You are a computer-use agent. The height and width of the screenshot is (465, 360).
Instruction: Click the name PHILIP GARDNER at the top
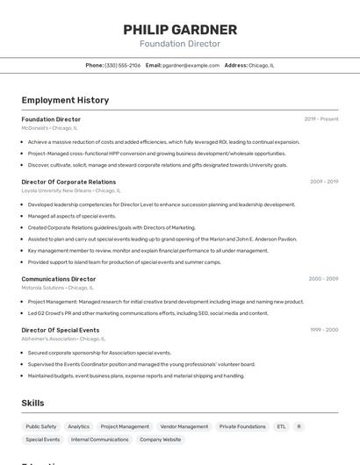pos(180,30)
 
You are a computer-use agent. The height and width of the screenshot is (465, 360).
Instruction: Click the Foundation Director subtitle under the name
pos(180,44)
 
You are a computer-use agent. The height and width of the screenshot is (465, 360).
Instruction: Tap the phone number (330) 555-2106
pos(122,66)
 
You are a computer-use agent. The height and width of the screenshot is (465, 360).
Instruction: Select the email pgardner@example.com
pos(191,66)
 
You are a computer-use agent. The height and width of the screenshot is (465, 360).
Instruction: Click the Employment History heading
pos(65,100)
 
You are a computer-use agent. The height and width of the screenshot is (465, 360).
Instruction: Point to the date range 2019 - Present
pos(321,119)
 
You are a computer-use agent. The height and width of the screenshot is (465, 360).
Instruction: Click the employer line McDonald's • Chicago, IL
pos(49,128)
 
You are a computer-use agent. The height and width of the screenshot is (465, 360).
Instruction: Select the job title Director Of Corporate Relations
pos(68,182)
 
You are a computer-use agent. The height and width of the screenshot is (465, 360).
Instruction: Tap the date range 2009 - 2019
pos(323,182)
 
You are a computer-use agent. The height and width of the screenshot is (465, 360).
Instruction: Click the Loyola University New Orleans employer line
pos(71,190)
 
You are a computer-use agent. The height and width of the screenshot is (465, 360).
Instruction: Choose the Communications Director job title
pos(59,279)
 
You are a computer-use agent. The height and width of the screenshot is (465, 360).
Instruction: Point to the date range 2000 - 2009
pos(323,279)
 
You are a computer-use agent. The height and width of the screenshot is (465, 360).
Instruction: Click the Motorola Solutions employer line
pos(57,288)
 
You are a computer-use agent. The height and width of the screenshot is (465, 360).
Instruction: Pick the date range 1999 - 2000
pos(323,330)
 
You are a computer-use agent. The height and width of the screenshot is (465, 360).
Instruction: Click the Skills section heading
pos(33,403)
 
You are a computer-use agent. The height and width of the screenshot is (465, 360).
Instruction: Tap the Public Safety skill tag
pos(41,426)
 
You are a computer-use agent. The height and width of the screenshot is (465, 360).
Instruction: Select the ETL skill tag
pos(281,426)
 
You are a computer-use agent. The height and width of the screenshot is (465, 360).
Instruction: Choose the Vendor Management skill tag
pos(184,426)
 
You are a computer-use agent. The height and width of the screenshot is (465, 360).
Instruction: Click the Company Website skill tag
pos(161,440)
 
